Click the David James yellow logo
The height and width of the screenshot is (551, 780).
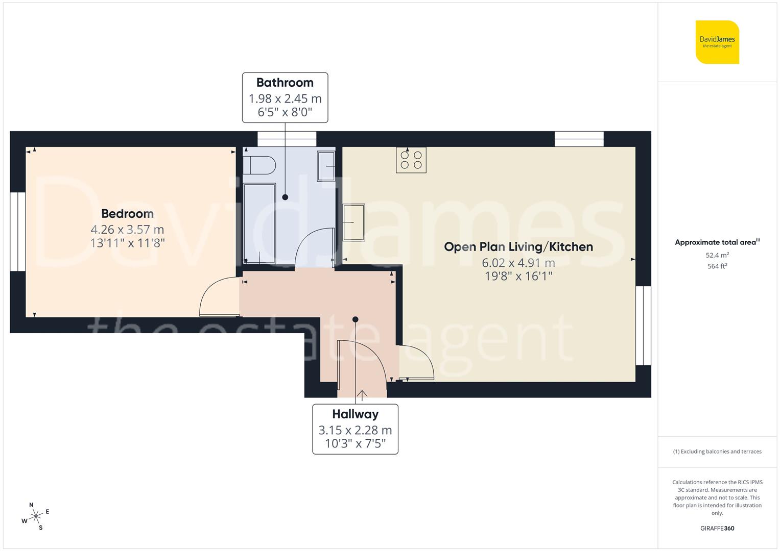(717, 42)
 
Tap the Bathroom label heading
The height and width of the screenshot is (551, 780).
(285, 83)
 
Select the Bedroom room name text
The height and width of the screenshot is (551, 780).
(127, 214)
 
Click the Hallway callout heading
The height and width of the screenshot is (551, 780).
(355, 414)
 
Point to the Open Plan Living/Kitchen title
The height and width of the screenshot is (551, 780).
(518, 247)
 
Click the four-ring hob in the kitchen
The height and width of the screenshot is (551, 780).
(411, 160)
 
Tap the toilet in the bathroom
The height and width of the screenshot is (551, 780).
(259, 165)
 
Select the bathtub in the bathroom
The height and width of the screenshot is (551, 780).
(259, 222)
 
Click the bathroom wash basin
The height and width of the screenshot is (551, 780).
(326, 166)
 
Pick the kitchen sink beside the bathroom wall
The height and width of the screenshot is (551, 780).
(354, 222)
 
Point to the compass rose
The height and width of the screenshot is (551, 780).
(36, 516)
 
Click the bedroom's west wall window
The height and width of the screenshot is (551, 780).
(18, 231)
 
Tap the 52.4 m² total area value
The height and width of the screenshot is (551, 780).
(717, 255)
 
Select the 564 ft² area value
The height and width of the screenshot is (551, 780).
(717, 266)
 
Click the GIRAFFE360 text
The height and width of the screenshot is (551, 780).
(717, 528)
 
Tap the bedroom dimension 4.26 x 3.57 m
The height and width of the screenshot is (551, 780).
(127, 230)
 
